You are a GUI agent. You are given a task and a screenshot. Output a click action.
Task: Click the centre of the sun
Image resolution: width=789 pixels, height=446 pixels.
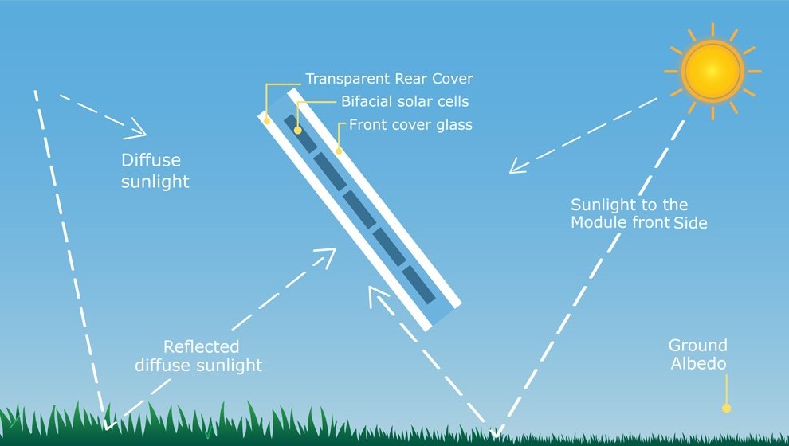(x=712, y=71)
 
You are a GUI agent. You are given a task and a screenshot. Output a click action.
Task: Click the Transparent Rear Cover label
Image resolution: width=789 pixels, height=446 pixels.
(x=389, y=80)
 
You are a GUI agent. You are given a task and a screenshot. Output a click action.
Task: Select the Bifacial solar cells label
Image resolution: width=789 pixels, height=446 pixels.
(x=405, y=102)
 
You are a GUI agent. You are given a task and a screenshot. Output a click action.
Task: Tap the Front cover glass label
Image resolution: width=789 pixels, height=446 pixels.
(x=410, y=125)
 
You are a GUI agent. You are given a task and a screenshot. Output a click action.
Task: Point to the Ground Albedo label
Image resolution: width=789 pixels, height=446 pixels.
(x=698, y=354)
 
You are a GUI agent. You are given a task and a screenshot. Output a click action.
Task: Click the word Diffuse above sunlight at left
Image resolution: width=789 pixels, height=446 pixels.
(x=151, y=161)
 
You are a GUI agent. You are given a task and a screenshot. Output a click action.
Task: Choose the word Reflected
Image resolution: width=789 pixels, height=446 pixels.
(x=201, y=347)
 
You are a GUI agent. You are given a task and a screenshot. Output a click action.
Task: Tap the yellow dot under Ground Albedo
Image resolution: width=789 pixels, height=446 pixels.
(x=726, y=409)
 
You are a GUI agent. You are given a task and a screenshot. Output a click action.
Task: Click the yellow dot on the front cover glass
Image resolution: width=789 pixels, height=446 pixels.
(x=339, y=150)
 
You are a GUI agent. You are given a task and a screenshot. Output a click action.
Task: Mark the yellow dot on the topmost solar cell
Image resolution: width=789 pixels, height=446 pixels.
(x=298, y=130)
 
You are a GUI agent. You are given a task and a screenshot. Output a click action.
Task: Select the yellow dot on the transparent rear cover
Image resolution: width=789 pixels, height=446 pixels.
(x=267, y=120)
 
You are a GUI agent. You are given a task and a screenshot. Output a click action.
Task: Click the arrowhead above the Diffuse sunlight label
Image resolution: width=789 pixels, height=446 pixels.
(x=137, y=127)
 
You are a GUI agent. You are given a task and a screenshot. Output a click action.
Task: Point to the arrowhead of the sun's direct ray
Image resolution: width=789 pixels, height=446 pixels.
(x=518, y=167)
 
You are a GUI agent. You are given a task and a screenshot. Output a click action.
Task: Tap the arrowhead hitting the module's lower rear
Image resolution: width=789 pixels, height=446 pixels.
(x=378, y=296)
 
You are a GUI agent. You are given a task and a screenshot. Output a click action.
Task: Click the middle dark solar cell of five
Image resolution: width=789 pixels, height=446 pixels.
(x=359, y=208)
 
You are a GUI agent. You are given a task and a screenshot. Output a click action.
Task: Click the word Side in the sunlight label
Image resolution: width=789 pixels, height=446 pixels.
(x=690, y=224)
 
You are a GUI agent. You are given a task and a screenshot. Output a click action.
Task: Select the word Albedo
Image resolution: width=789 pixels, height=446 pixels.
(x=698, y=364)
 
